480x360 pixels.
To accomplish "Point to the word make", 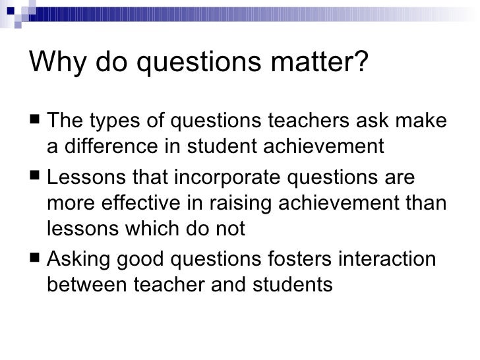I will (x=423, y=122).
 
